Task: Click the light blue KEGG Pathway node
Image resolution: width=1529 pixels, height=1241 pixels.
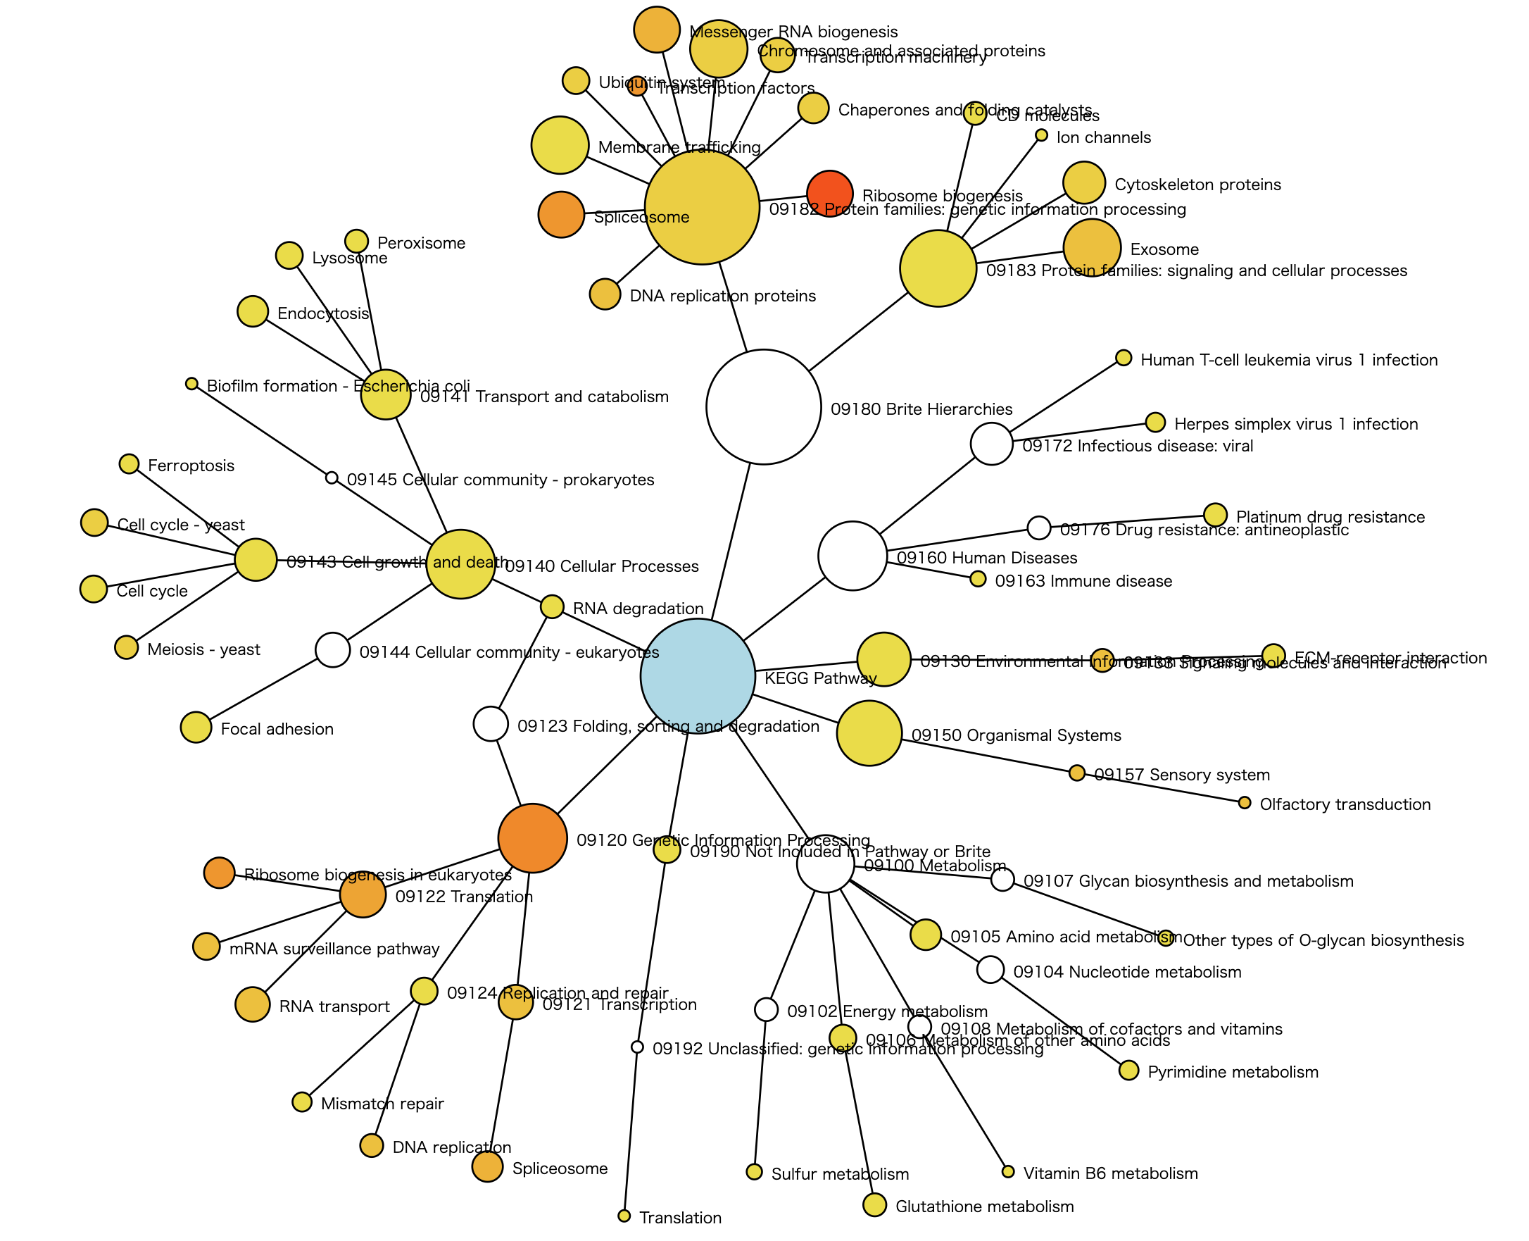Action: tap(698, 675)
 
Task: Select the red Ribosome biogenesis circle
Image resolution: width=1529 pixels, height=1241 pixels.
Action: tap(829, 193)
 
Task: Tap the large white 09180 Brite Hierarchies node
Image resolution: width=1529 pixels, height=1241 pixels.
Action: tap(763, 407)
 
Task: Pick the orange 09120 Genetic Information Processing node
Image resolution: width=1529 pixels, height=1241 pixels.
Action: tap(532, 838)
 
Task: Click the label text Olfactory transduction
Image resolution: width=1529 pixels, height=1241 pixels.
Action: tap(1345, 804)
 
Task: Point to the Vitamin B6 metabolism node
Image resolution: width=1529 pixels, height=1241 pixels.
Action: tap(1008, 1172)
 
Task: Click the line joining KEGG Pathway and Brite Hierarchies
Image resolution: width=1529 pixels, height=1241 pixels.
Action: tap(731, 540)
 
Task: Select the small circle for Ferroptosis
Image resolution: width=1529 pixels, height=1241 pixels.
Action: tap(129, 464)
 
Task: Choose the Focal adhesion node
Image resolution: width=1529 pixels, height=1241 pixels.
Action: tap(196, 728)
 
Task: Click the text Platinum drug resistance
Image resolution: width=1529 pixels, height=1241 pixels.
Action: tap(1330, 517)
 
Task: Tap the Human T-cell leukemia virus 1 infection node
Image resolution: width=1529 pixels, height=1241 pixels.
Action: tap(1124, 357)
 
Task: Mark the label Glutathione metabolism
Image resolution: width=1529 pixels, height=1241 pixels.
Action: tap(984, 1206)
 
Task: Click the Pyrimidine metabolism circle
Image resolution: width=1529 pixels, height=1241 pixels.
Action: tap(1128, 1070)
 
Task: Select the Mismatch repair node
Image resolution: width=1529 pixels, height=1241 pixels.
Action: tap(302, 1102)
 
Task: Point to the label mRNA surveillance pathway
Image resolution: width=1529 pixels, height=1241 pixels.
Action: tap(334, 949)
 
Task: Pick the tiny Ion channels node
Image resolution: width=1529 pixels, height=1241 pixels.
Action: tap(1042, 135)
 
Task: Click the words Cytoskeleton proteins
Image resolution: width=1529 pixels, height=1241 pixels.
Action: tap(1197, 185)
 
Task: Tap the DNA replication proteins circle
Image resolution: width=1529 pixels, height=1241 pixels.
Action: tap(605, 294)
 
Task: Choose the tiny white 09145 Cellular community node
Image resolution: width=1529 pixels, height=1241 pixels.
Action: tap(332, 478)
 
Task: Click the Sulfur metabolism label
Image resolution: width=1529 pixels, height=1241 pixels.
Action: tap(840, 1174)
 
